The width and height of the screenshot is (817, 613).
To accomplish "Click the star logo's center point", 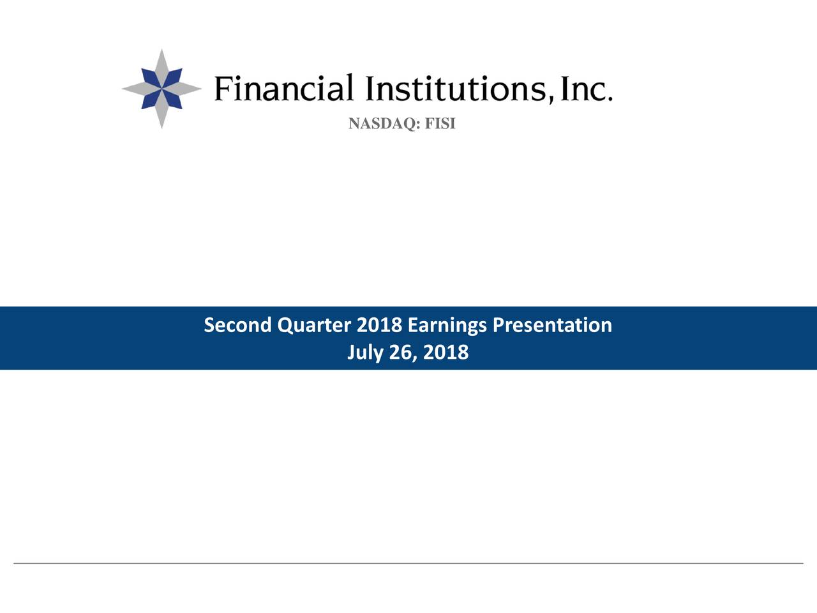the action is pyautogui.click(x=162, y=89).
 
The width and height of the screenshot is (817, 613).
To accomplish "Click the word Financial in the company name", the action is pyautogui.click(x=283, y=88).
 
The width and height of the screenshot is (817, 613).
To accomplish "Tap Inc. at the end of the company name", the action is pyautogui.click(x=586, y=89).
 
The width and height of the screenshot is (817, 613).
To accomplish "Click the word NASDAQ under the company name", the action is pyautogui.click(x=384, y=124).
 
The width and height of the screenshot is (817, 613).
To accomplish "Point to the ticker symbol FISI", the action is pyautogui.click(x=440, y=123).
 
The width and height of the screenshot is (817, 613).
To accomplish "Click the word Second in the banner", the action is pyautogui.click(x=238, y=325).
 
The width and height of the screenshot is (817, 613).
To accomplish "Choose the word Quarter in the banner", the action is pyautogui.click(x=314, y=325).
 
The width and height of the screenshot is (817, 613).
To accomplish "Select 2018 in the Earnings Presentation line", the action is pyautogui.click(x=379, y=325).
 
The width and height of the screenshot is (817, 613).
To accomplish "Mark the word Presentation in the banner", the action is pyautogui.click(x=552, y=325).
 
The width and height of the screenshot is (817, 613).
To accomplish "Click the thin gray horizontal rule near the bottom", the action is pyautogui.click(x=408, y=563).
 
